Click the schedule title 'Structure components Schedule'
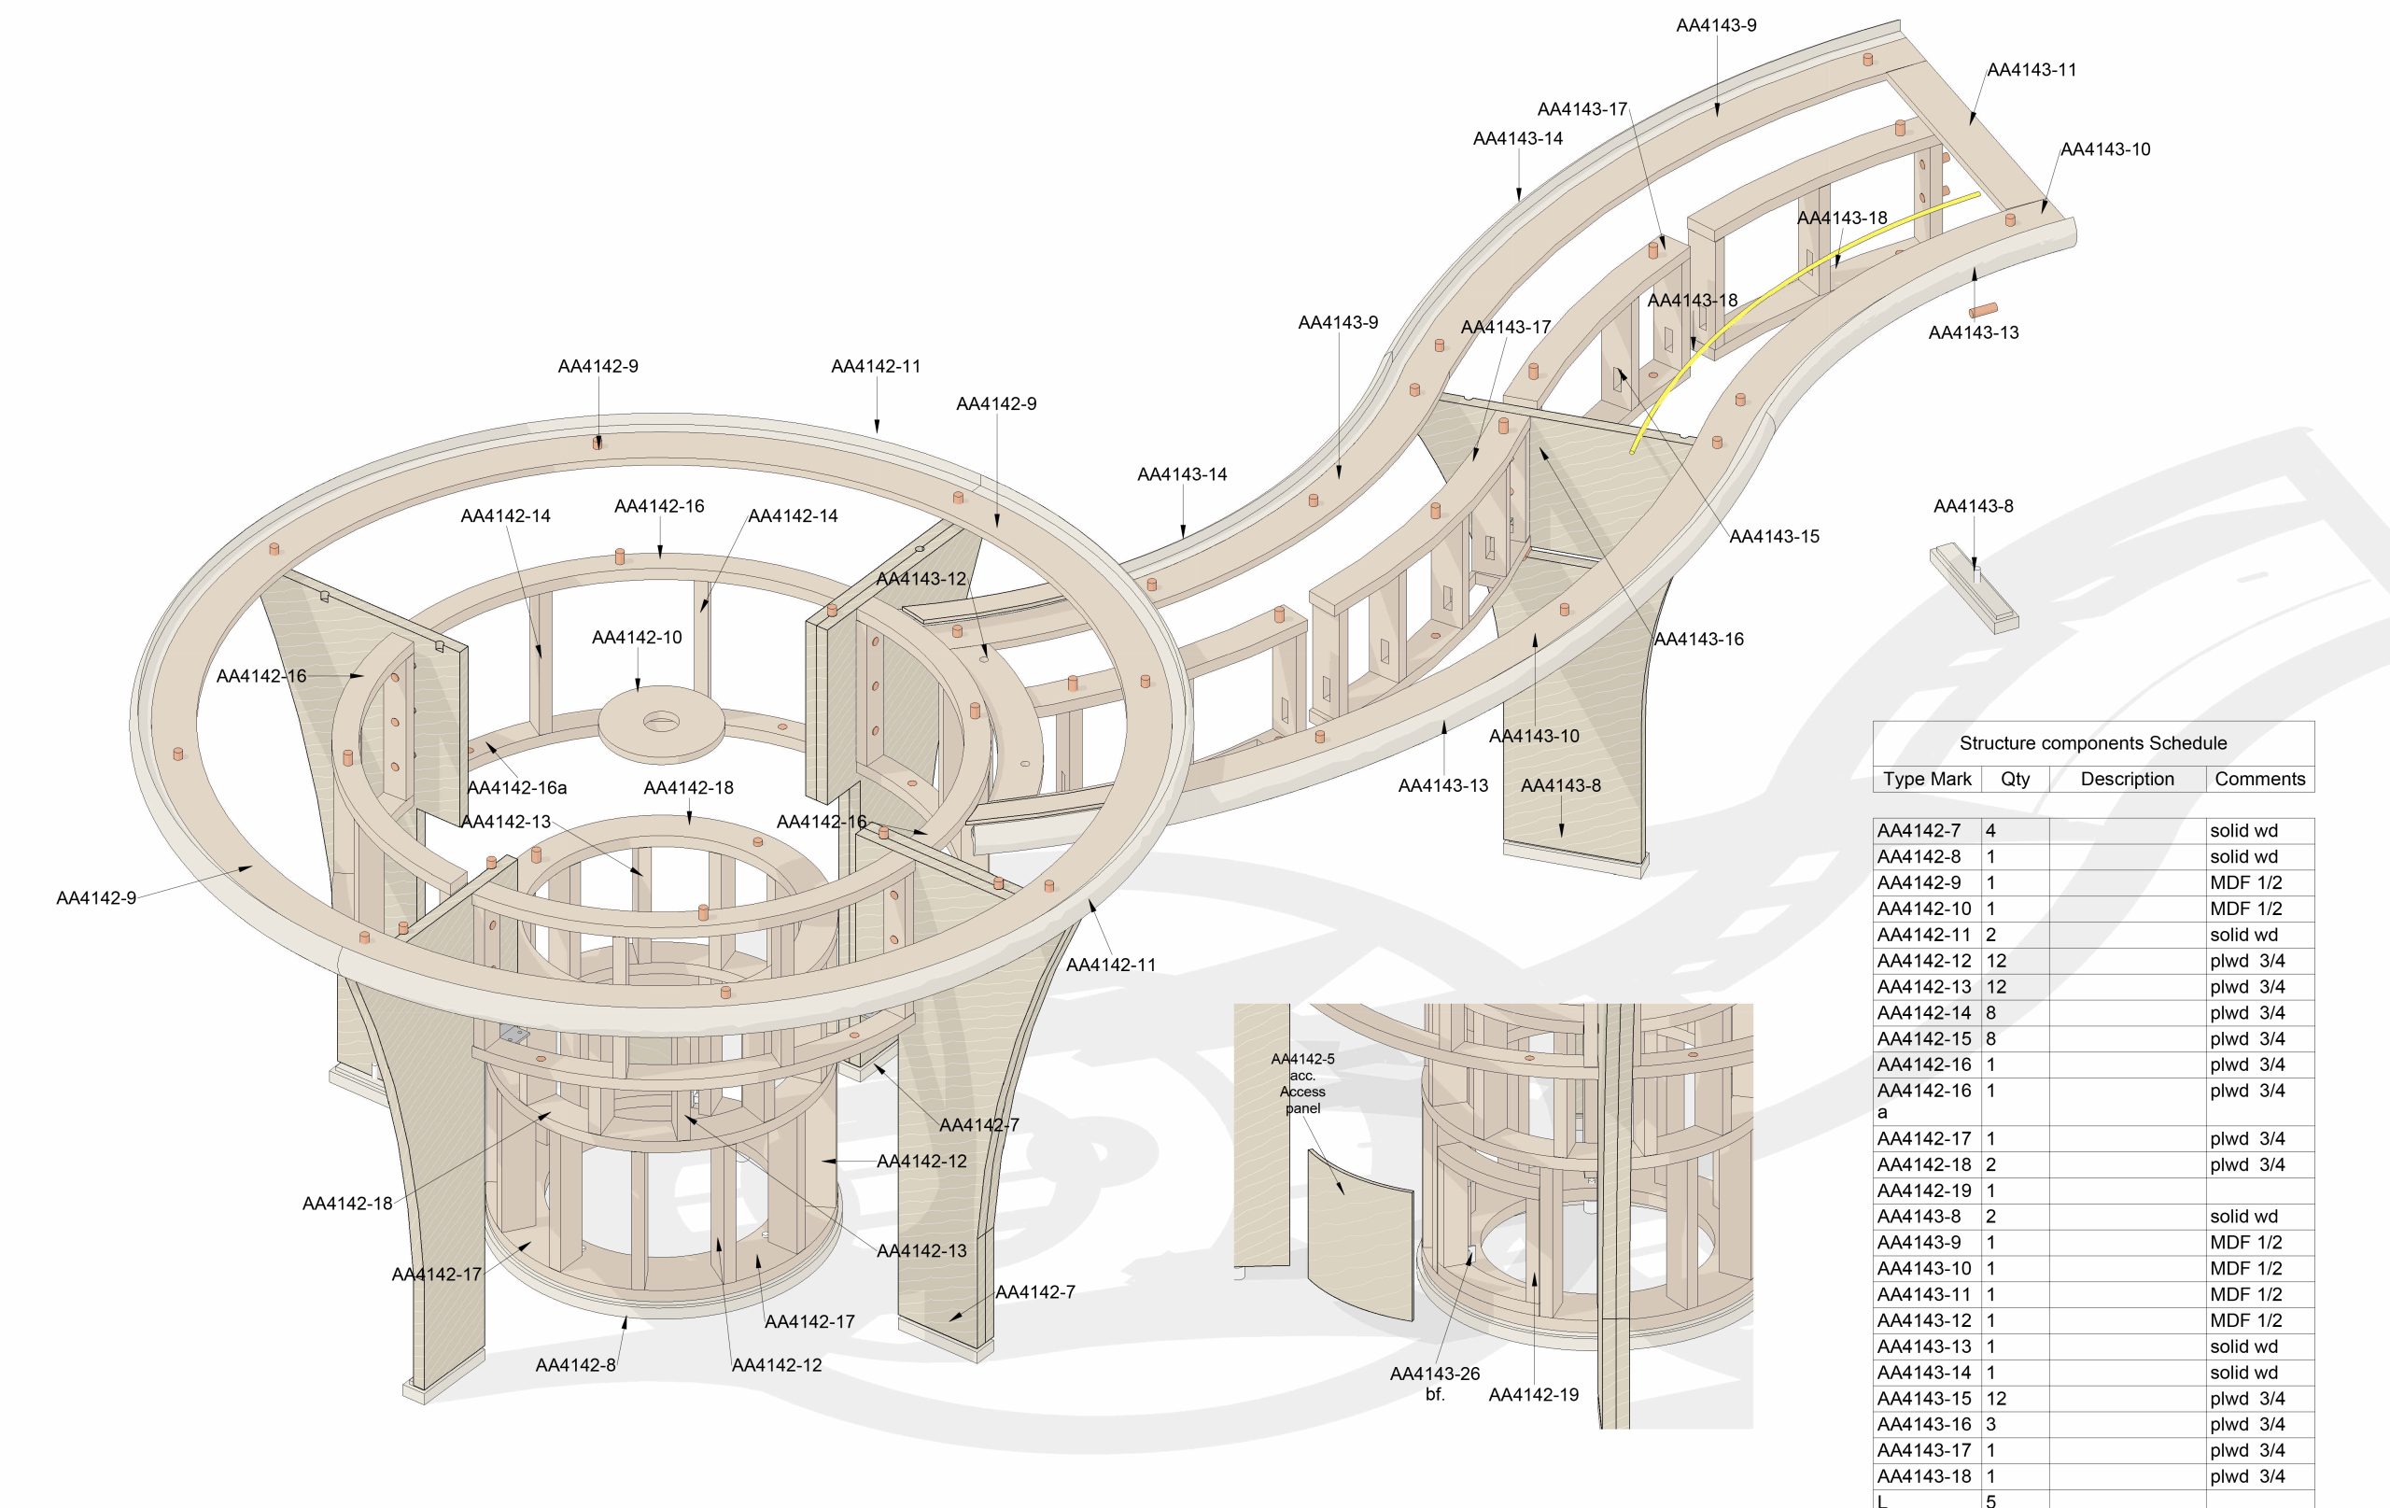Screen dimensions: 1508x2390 (x=2092, y=742)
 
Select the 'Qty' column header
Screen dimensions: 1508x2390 (x=2015, y=780)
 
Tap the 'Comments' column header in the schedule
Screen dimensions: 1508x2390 (x=2259, y=780)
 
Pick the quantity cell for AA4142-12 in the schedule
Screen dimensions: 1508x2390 (x=1997, y=961)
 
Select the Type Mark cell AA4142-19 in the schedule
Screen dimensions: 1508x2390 (x=1923, y=1191)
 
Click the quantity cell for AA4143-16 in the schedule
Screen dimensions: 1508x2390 (x=1991, y=1425)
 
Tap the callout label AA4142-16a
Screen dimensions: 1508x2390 (x=516, y=788)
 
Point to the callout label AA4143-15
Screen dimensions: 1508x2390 (x=1774, y=537)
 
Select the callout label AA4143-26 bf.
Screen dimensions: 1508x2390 (x=1434, y=1383)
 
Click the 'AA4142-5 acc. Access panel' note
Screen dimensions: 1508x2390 (x=1302, y=1083)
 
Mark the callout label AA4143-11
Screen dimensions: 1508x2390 (x=2031, y=70)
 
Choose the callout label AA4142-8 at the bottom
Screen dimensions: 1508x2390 (x=576, y=1365)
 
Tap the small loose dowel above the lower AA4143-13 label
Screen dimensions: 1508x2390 (x=1982, y=311)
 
